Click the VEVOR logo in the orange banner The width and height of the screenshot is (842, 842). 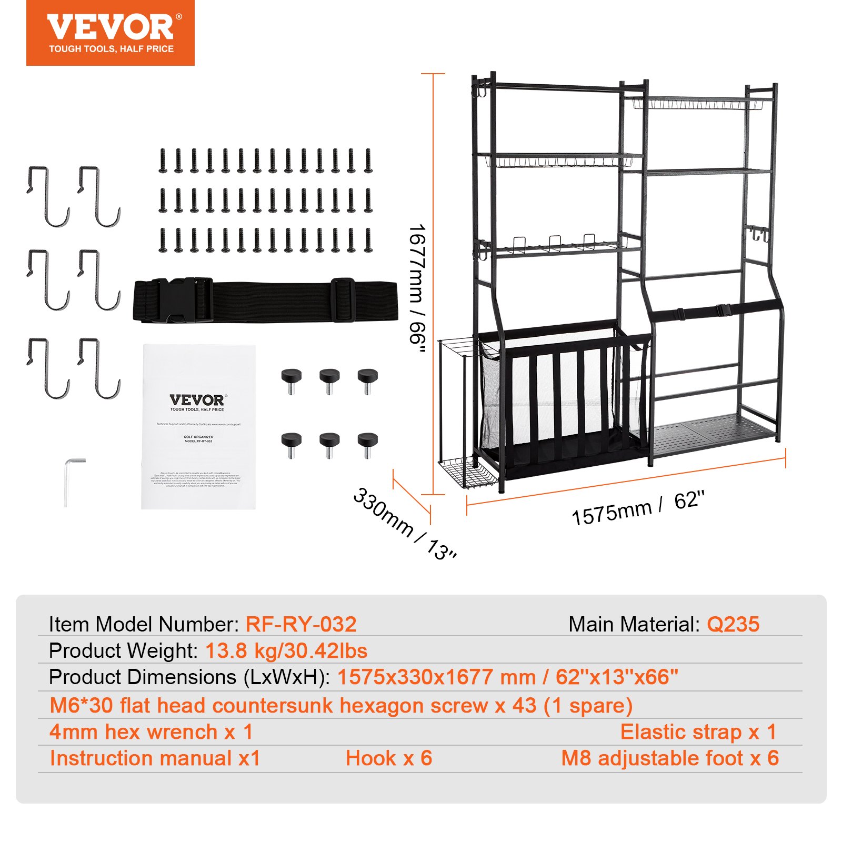click(x=111, y=27)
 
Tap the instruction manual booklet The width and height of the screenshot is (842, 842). click(x=198, y=426)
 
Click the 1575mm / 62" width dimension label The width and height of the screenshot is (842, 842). click(x=637, y=508)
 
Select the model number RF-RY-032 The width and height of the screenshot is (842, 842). click(x=301, y=625)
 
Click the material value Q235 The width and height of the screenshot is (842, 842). click(x=733, y=625)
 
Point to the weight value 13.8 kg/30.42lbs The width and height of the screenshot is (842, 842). click(x=286, y=651)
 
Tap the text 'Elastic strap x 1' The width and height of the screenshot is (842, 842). click(x=698, y=732)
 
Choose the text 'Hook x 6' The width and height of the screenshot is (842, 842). click(x=389, y=758)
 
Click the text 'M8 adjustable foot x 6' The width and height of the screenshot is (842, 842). click(x=669, y=758)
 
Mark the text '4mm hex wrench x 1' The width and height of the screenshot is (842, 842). click(x=151, y=732)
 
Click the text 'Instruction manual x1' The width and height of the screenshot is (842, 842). click(x=155, y=758)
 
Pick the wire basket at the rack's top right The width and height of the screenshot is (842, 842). click(x=697, y=103)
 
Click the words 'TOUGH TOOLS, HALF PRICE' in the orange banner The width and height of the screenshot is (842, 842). click(x=111, y=49)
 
